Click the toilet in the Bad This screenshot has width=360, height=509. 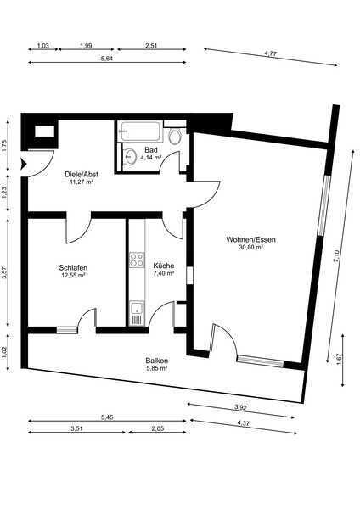174,137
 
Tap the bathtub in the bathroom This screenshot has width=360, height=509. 140,131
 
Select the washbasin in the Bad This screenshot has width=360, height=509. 131,157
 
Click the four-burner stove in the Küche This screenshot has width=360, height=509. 137,260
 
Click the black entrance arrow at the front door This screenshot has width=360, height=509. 24,165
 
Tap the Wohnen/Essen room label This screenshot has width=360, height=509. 250,240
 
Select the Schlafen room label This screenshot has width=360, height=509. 73,268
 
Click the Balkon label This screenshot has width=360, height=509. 156,361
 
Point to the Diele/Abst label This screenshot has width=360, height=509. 82,174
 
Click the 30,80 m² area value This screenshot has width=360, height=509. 250,248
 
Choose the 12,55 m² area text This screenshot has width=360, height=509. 73,275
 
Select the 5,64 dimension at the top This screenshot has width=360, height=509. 107,59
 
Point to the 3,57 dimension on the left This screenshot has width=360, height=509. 4,272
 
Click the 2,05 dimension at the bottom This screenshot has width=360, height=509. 158,428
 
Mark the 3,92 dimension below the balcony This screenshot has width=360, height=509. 240,407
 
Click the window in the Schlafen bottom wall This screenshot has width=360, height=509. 67,331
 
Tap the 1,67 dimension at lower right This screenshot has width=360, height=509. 340,359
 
